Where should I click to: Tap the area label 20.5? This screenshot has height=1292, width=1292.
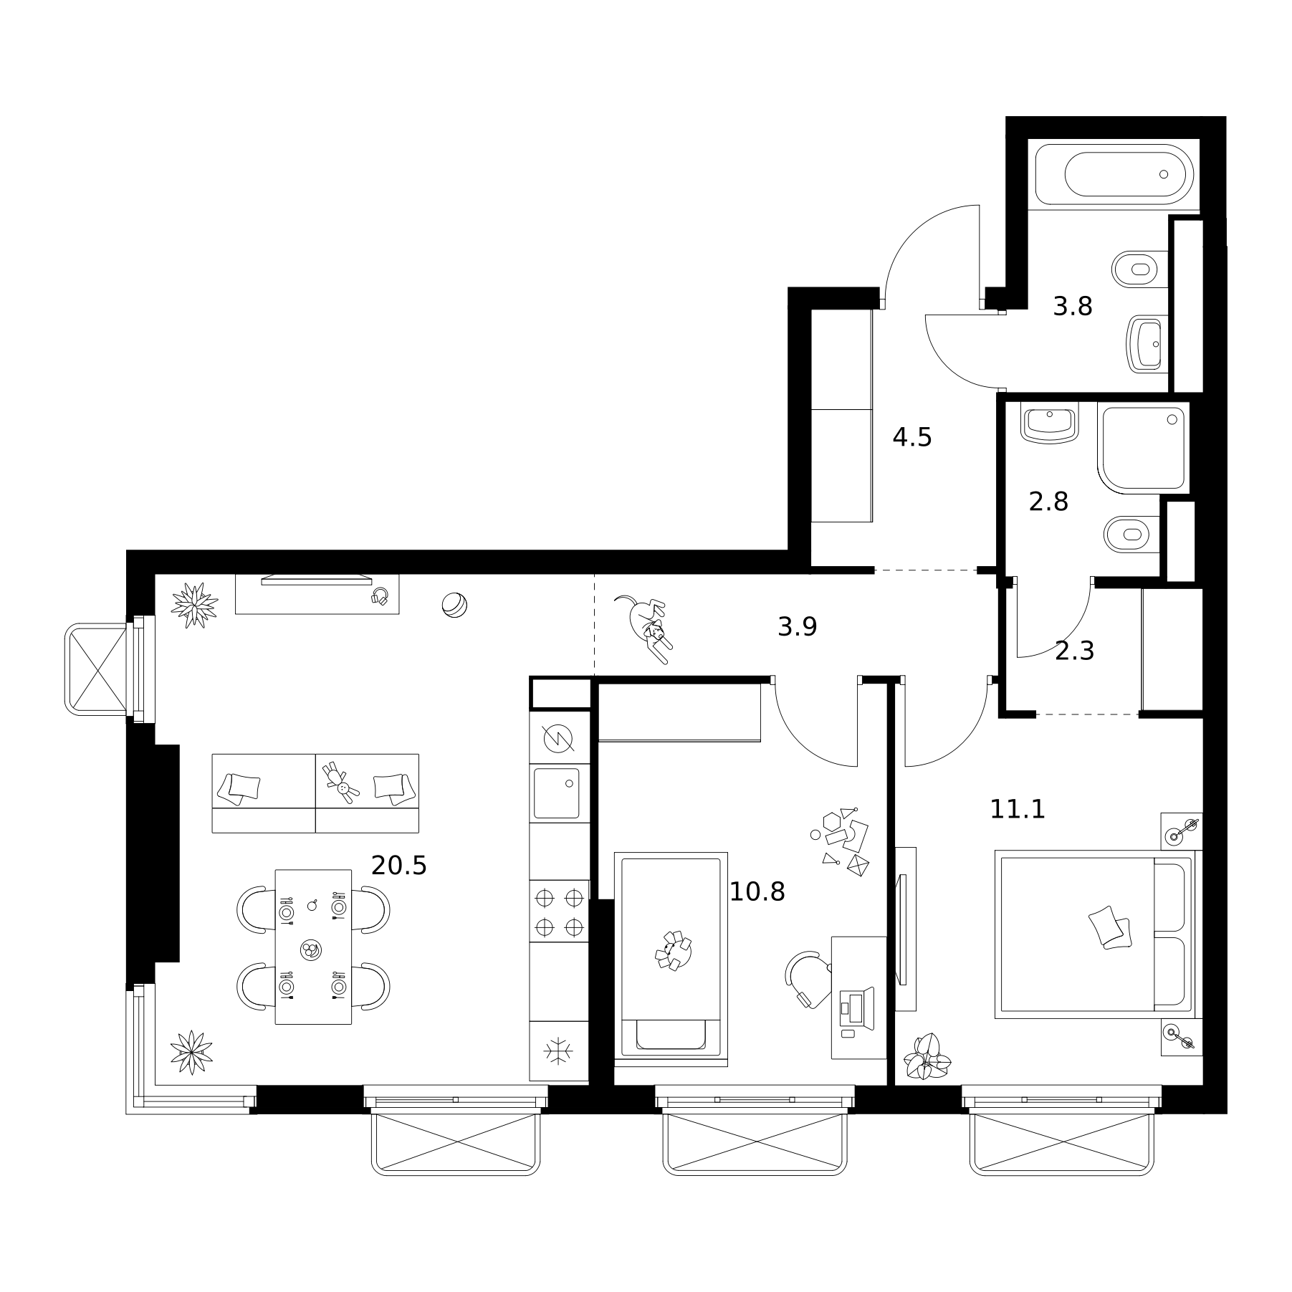click(x=398, y=866)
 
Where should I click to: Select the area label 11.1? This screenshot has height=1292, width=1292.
click(x=1018, y=809)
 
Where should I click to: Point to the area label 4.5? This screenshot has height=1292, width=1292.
click(x=912, y=436)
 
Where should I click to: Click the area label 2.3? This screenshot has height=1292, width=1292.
click(x=1074, y=651)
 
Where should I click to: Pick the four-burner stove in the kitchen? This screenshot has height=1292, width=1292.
click(x=559, y=911)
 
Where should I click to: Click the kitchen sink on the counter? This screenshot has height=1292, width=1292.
click(x=557, y=793)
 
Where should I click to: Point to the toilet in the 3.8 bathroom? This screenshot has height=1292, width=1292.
click(x=1139, y=269)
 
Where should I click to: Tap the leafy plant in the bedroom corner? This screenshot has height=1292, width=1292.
click(x=927, y=1056)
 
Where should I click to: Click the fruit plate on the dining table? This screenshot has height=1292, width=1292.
click(x=311, y=949)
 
